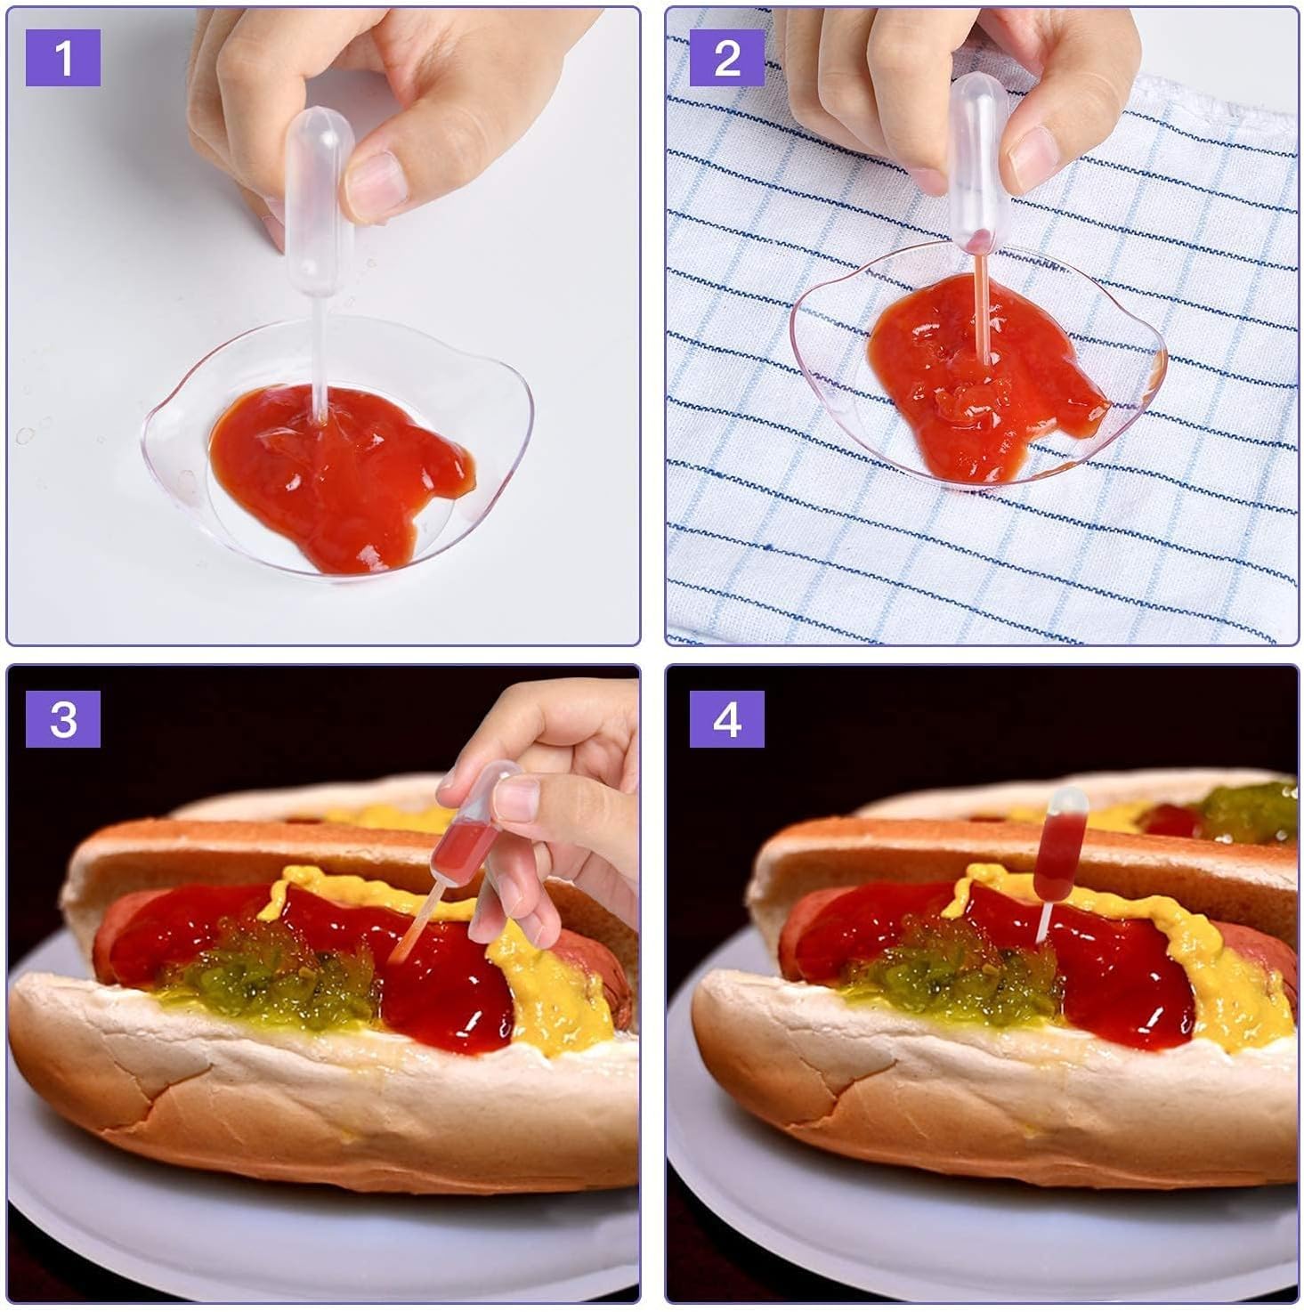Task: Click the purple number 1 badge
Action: point(62,57)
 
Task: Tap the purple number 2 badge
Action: point(726,57)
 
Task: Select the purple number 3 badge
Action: point(62,719)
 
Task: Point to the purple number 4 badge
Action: point(726,719)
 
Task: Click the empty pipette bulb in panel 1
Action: point(319,201)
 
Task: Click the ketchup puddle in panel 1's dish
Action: point(341,474)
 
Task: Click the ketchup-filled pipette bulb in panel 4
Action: point(1059,845)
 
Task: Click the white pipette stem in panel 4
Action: point(1044,922)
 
